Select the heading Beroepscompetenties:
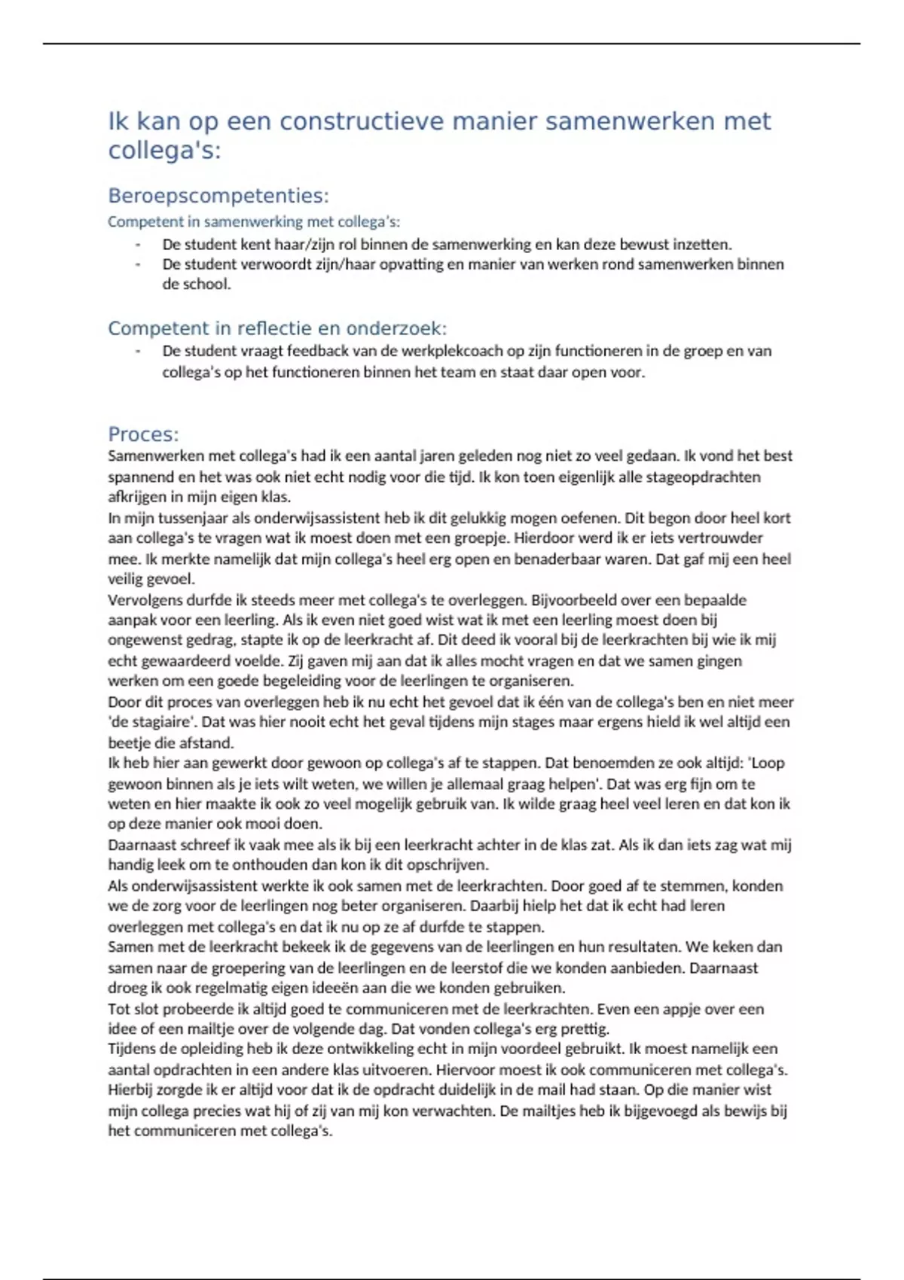click(218, 196)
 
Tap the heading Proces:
click(143, 434)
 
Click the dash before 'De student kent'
click(138, 245)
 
